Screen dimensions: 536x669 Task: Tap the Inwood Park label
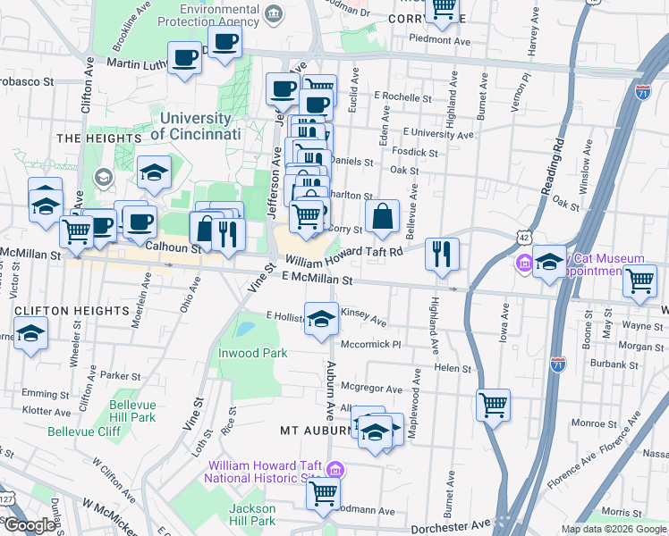point(253,353)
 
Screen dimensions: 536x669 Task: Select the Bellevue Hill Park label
point(132,411)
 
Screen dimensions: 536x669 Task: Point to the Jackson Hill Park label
point(251,515)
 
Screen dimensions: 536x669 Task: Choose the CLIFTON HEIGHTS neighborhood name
point(72,310)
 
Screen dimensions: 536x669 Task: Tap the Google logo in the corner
point(29,525)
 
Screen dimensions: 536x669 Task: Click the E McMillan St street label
point(318,280)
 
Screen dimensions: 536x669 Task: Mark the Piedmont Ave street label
point(439,40)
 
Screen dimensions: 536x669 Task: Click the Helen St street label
point(453,368)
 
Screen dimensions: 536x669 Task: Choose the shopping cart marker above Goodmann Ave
point(324,491)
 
